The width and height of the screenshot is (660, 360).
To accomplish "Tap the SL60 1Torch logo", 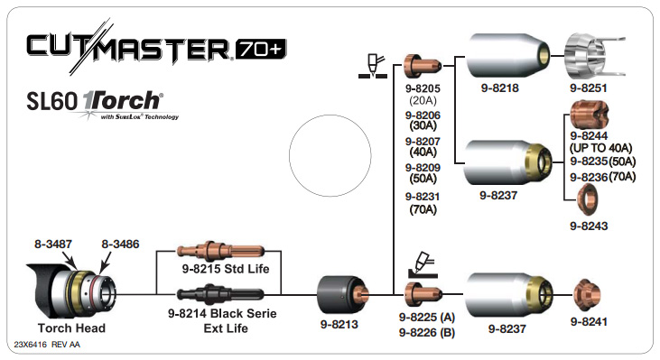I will point(107,102).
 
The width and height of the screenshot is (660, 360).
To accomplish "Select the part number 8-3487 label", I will point(53,244).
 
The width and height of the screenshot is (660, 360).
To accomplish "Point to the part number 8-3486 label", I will point(119,244).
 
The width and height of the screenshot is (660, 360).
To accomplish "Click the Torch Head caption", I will point(71,328).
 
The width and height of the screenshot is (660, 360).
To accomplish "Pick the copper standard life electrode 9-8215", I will point(219,250).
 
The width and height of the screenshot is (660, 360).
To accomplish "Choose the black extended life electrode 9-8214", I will point(219,293).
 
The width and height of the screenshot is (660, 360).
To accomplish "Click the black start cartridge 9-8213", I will point(342,293).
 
